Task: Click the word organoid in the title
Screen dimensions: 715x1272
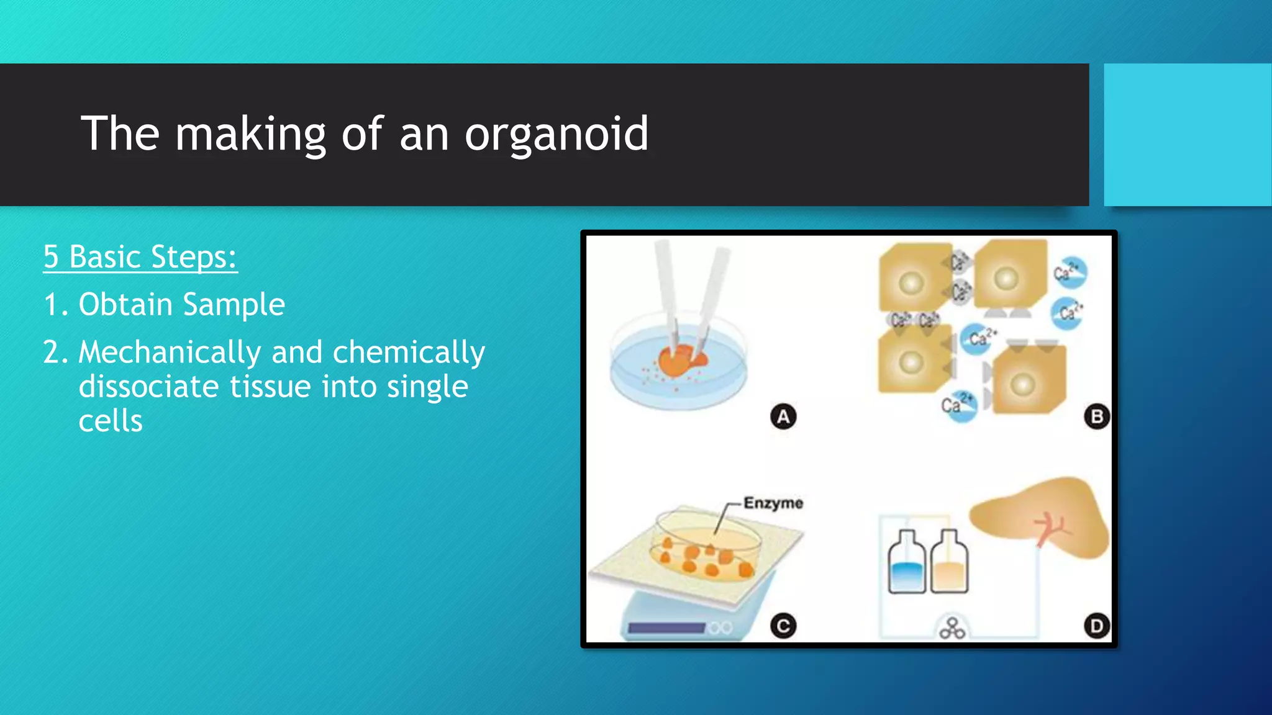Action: (556, 134)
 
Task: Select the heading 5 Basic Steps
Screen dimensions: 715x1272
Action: (140, 257)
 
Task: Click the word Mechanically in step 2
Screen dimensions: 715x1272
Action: (170, 353)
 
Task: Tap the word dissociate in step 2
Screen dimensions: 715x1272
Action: (149, 387)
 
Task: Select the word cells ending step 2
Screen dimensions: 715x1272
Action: (111, 421)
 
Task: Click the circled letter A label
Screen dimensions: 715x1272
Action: (783, 416)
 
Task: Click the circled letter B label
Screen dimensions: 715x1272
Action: (1096, 416)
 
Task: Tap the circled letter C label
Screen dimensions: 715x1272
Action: (783, 626)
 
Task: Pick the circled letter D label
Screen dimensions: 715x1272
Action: (1096, 626)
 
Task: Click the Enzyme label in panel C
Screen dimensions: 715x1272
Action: (773, 503)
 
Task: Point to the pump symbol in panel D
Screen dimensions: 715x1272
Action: (952, 629)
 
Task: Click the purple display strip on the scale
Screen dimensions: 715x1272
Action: (666, 628)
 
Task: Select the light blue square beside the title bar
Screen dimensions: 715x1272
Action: (1187, 135)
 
